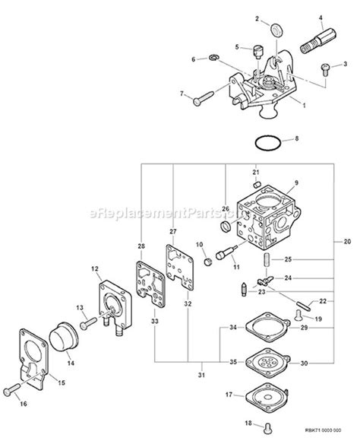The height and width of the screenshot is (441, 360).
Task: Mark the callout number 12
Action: (95, 268)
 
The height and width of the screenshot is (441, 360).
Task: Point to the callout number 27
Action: (172, 231)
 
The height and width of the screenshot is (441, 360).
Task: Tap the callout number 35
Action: (232, 363)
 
